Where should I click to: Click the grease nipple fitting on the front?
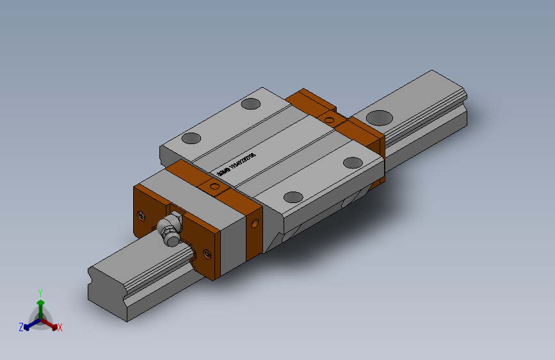[168, 230]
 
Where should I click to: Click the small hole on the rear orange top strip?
[330, 119]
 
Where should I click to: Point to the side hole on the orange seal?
[256, 224]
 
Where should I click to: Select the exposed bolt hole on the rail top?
[379, 117]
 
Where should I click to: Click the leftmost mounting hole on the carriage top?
[191, 138]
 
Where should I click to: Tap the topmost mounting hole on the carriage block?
[250, 103]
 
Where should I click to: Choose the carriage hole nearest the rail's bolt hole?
[353, 163]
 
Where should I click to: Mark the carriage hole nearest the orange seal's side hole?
[293, 197]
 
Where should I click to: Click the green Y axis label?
[40, 291]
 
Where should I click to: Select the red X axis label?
[60, 328]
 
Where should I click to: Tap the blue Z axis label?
[21, 327]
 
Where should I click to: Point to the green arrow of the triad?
[40, 303]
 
